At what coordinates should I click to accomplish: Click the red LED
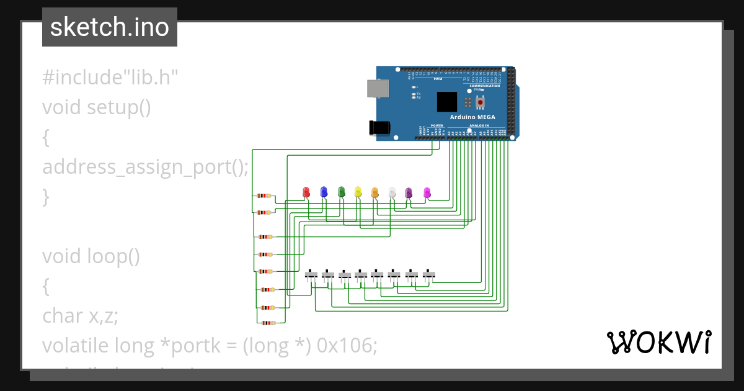point(306,192)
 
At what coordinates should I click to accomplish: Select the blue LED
point(323,192)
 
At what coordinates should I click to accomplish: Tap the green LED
point(341,192)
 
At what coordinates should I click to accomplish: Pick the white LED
point(392,192)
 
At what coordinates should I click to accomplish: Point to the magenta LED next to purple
point(427,192)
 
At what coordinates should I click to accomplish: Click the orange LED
point(374,192)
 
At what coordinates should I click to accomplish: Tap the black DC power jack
point(379,127)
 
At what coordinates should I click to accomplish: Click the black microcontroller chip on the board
point(447,102)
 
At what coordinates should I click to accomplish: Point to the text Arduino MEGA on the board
point(472,117)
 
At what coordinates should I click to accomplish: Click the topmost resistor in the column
point(264,195)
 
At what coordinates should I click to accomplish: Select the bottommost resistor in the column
point(267,323)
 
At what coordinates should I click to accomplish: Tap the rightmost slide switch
point(429,274)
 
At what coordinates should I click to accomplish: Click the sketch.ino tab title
point(110,27)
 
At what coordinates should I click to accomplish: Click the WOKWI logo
point(659,342)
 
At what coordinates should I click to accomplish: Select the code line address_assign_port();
point(145,167)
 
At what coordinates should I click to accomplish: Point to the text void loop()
point(91,256)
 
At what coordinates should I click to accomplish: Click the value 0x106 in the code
point(345,346)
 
